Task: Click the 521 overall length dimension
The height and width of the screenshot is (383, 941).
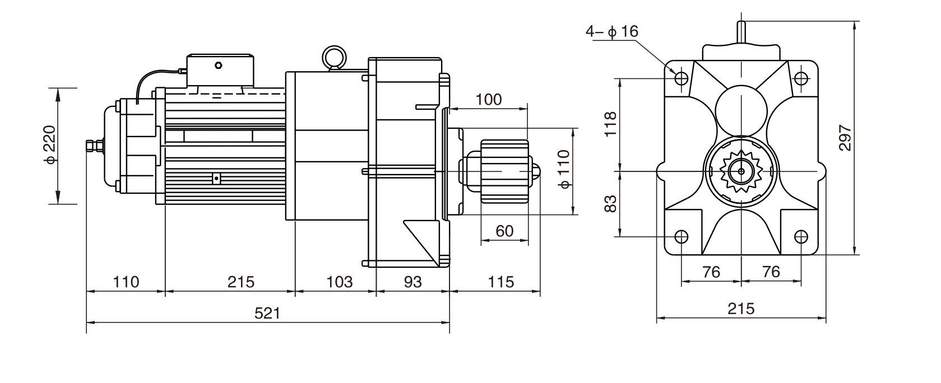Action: point(267,313)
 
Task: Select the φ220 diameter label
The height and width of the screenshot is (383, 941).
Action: point(50,145)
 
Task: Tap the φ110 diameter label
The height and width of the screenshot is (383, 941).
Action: point(564,169)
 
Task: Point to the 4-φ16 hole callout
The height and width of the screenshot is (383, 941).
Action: point(612,31)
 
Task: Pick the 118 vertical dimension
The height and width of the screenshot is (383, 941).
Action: point(611,124)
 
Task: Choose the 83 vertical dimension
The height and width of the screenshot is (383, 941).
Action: point(611,203)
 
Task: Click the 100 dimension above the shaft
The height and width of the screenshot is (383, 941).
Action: point(489,100)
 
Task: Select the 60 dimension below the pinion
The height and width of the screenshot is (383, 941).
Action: point(504,231)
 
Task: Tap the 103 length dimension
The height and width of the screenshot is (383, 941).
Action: point(339,282)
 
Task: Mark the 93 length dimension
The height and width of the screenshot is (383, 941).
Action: point(412,282)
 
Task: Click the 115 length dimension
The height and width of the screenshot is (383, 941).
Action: point(500,282)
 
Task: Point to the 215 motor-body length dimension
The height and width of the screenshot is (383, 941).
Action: point(240,282)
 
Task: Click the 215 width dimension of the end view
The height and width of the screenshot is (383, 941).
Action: point(741,309)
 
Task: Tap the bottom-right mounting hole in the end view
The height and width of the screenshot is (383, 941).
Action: point(801,236)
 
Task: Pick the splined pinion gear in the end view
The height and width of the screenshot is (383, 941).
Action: point(741,171)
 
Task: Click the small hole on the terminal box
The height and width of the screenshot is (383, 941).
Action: point(218,66)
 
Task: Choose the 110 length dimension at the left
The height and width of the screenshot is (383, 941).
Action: point(126,282)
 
